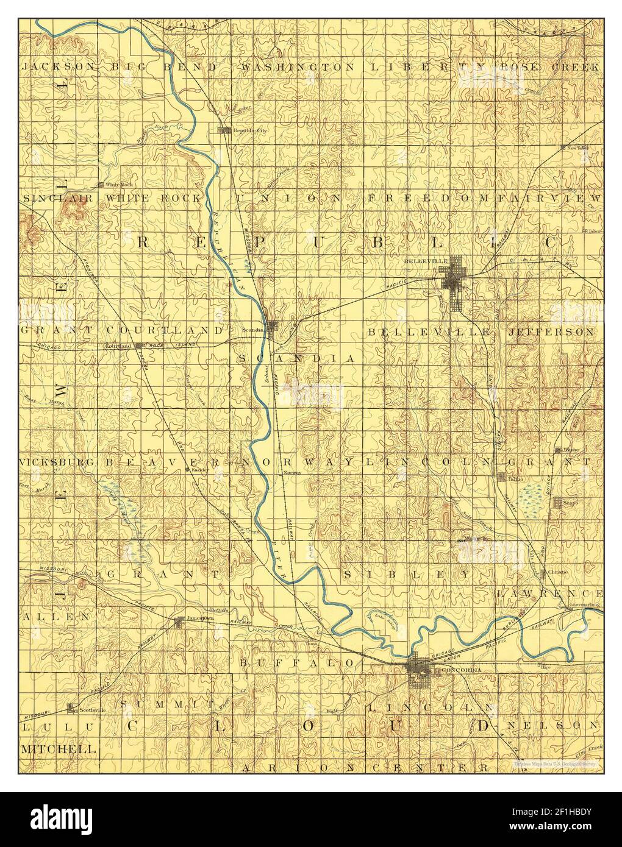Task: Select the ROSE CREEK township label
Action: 549,67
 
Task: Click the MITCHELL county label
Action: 59,748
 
